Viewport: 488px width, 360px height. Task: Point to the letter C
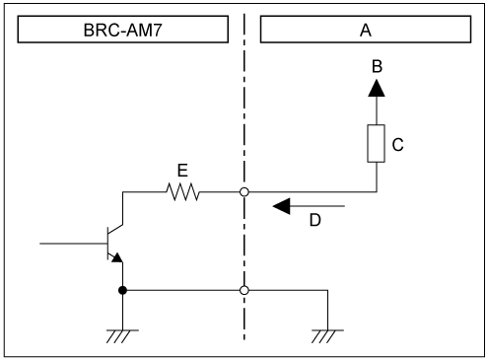click(397, 144)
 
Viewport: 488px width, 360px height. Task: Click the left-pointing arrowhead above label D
click(282, 207)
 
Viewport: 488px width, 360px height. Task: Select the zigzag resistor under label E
click(182, 192)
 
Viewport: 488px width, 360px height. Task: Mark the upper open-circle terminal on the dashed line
click(244, 192)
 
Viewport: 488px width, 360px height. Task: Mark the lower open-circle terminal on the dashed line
click(244, 290)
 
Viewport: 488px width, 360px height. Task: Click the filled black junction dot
click(121, 290)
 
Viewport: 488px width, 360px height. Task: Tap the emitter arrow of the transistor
click(117, 256)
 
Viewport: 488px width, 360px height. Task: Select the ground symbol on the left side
click(121, 332)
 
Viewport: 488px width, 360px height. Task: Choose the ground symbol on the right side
click(326, 332)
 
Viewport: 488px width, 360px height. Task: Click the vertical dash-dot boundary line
click(244, 118)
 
